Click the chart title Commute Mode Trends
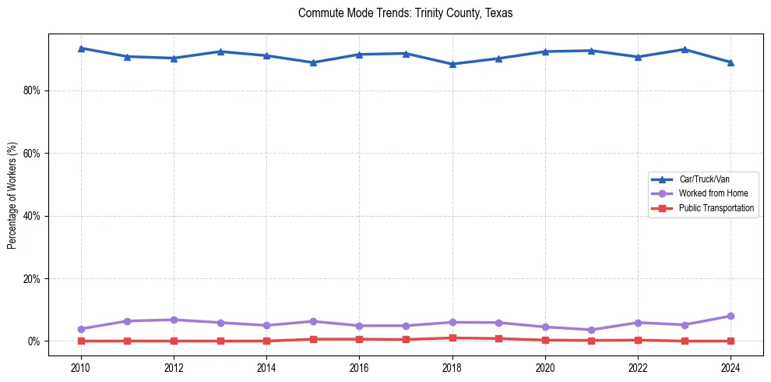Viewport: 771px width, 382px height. click(x=405, y=13)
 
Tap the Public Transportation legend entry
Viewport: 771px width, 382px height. click(x=716, y=208)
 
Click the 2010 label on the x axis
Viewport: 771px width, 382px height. click(x=81, y=367)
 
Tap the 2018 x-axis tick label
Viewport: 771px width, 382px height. click(x=452, y=367)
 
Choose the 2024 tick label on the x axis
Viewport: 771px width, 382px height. click(x=731, y=367)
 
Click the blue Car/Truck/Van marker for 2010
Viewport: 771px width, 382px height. click(x=81, y=48)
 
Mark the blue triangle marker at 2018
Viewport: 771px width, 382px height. click(x=452, y=64)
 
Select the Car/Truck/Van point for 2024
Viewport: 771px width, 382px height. click(x=731, y=62)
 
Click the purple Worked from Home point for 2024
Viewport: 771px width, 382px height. click(x=731, y=316)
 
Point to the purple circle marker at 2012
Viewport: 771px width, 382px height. click(x=174, y=320)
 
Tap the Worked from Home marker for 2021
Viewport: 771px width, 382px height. click(x=591, y=330)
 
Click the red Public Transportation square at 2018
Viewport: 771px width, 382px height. click(x=452, y=338)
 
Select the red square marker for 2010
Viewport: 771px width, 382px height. click(x=81, y=341)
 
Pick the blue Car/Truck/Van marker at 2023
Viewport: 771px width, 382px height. click(x=685, y=49)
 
